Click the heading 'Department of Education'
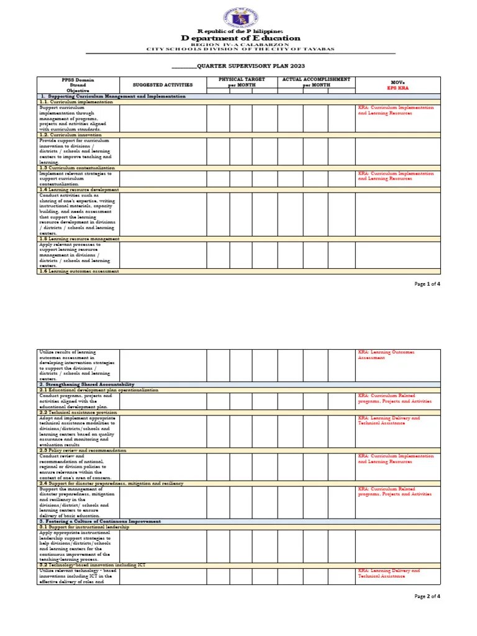pos(240,38)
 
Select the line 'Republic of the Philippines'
pos(240,30)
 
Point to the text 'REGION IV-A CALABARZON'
pos(240,44)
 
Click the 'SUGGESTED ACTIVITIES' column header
pos(163,84)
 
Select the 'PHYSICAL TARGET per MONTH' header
pos(242,82)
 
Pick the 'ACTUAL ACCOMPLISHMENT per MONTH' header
pos(316,82)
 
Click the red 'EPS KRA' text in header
pos(397,88)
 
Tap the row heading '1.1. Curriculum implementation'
pos(72,101)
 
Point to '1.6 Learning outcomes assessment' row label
pos(78,271)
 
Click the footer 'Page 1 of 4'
pos(427,284)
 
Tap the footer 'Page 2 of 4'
pos(427,596)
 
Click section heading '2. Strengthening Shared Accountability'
pos(86,384)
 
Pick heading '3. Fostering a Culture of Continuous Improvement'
pos(100,521)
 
